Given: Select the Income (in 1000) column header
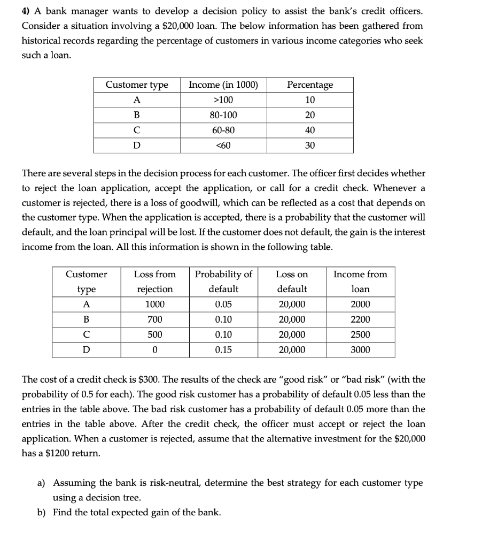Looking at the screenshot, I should click(x=223, y=85).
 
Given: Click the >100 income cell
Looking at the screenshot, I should click(x=223, y=100).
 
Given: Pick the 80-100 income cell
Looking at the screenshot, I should click(x=223, y=115).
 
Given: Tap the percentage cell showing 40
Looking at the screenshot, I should click(x=310, y=130).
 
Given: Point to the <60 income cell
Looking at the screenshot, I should click(x=223, y=145).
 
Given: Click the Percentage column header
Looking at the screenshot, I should click(x=310, y=85).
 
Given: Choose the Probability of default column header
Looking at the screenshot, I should click(x=223, y=281).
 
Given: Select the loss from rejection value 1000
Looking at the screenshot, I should click(x=155, y=305).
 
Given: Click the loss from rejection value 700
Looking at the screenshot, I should click(x=155, y=319).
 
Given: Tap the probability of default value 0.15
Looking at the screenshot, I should click(x=223, y=350).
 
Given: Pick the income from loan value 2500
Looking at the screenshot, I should click(x=360, y=335).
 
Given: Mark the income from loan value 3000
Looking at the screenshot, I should click(x=360, y=350).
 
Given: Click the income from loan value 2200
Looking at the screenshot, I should click(x=360, y=319).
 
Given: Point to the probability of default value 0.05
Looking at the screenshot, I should click(x=223, y=305).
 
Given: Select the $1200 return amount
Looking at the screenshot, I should click(x=73, y=453).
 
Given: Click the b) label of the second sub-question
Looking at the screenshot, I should click(x=41, y=513).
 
